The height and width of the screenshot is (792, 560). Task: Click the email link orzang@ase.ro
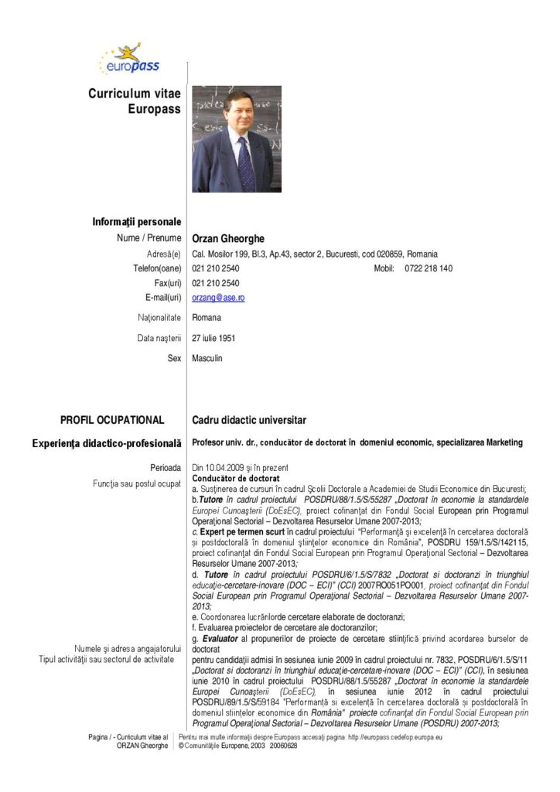(218, 298)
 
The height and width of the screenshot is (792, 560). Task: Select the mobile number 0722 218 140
(428, 268)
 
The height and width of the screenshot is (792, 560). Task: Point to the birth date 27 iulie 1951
(214, 338)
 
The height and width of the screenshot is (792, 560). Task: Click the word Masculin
(207, 359)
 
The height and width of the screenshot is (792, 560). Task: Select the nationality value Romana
(207, 318)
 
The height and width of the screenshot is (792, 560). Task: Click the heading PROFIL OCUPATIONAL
(112, 420)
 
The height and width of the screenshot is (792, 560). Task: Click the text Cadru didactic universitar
(249, 420)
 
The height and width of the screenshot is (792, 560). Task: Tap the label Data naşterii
(159, 338)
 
